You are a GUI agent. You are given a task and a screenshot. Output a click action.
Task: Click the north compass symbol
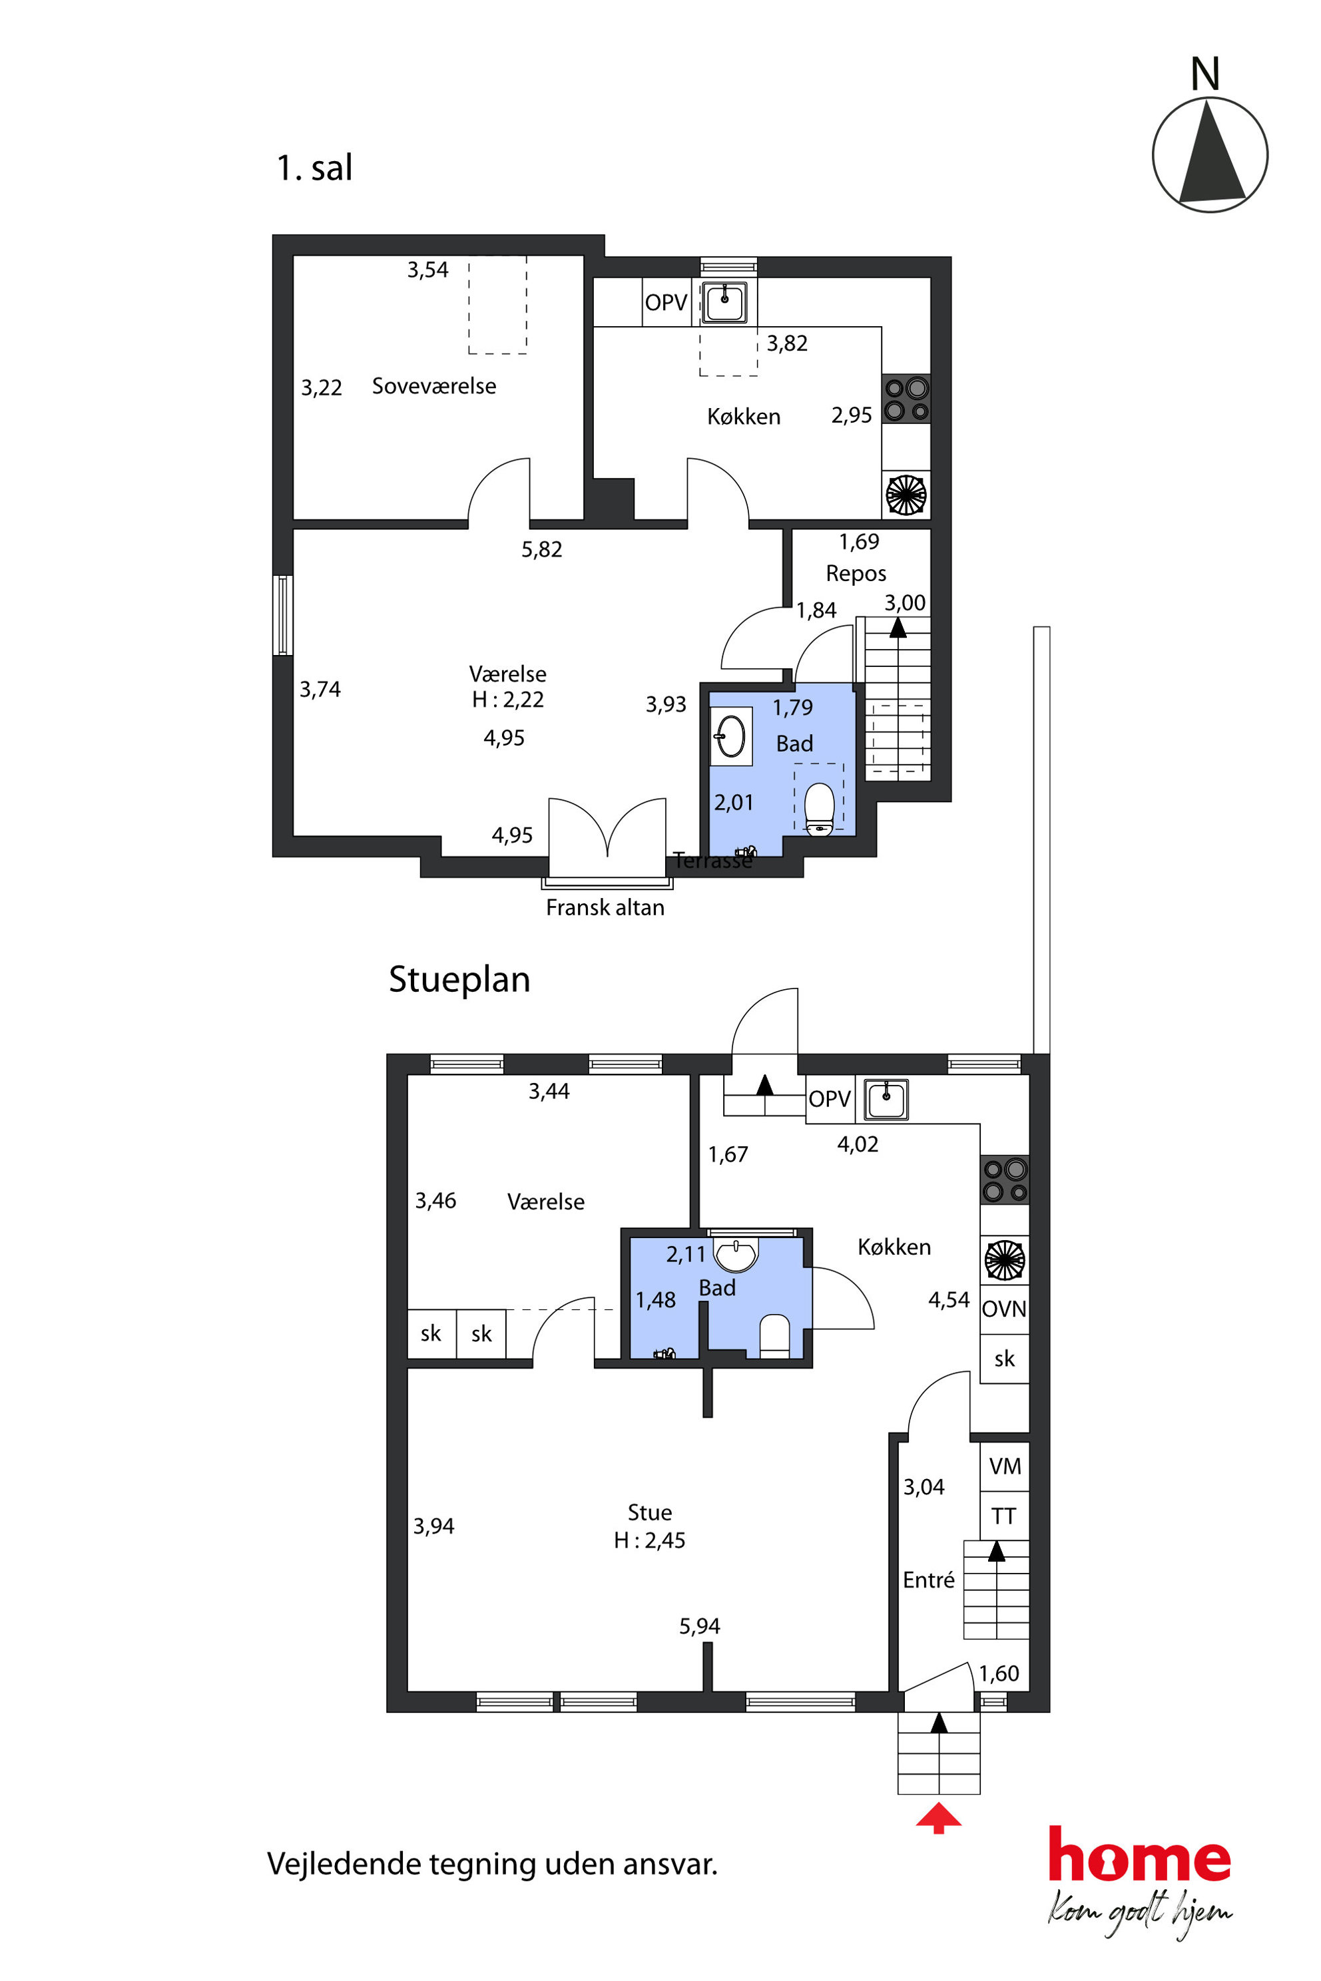pos(1210,154)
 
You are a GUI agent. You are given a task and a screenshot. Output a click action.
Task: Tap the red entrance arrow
pos(939,1819)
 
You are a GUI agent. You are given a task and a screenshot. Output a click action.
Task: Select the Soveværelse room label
pos(434,386)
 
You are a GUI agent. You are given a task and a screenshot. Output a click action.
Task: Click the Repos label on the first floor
pos(856,574)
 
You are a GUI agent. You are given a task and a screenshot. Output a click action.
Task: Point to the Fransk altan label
pos(605,907)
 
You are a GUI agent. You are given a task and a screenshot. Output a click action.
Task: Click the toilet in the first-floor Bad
pos(820,809)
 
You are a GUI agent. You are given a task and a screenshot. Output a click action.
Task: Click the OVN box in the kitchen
pos(1004,1309)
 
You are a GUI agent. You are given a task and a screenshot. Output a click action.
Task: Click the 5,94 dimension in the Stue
pos(700,1626)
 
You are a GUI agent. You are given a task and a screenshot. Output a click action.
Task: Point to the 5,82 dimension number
pos(542,549)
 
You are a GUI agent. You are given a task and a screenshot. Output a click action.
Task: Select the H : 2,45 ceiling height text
pos(650,1540)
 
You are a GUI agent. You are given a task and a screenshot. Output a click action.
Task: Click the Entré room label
pos(928,1580)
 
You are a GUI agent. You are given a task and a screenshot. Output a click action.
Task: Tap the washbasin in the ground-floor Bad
pos(736,1254)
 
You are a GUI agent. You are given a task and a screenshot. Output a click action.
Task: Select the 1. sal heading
pos(314,168)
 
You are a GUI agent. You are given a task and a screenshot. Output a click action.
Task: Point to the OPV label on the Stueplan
pos(830,1099)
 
